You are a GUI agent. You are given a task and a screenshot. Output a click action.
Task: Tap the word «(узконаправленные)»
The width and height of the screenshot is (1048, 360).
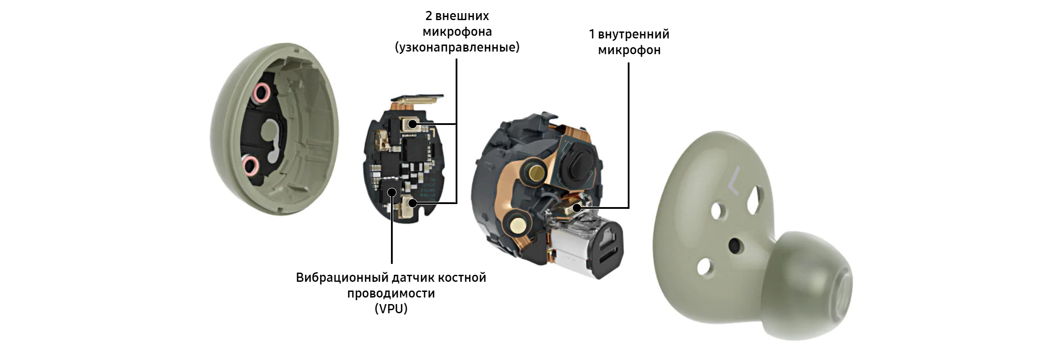click(457, 47)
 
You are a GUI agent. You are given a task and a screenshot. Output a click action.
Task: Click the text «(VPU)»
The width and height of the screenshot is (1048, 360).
click(391, 309)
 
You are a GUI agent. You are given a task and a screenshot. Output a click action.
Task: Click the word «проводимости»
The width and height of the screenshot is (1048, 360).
click(391, 293)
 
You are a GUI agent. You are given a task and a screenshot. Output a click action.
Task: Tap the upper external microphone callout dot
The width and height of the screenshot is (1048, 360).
click(412, 124)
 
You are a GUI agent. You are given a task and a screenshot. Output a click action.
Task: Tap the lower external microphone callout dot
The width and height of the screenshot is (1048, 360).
click(412, 203)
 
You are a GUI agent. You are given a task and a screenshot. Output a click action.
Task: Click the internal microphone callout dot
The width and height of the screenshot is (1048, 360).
click(577, 208)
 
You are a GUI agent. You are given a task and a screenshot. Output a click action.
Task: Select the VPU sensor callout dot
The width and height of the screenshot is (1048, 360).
click(392, 191)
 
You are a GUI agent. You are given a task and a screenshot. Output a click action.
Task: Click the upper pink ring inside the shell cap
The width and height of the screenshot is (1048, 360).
click(263, 93)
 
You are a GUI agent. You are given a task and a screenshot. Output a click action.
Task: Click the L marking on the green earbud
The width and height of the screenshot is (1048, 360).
click(734, 180)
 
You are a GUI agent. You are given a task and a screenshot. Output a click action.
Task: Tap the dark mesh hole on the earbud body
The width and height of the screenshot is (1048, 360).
click(735, 246)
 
